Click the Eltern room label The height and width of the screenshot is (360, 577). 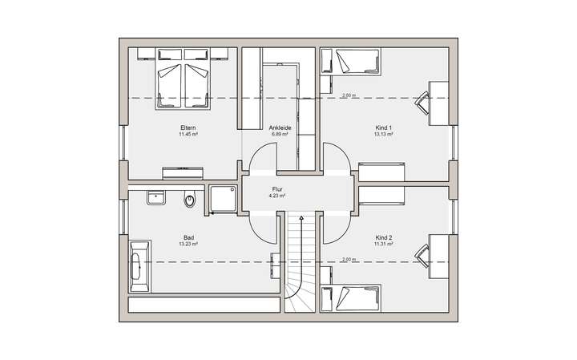(188, 127)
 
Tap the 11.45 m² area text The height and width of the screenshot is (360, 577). (188, 135)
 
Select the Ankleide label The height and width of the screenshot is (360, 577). (280, 127)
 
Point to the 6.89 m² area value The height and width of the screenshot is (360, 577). (280, 135)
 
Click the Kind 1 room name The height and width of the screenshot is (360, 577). (383, 127)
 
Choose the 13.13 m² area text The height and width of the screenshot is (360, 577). (383, 135)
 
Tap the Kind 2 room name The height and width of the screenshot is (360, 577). (383, 237)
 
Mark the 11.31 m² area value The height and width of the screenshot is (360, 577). (383, 245)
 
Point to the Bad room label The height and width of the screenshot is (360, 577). (189, 237)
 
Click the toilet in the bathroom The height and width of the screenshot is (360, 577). (189, 200)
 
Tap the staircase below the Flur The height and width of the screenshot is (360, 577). (301, 265)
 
